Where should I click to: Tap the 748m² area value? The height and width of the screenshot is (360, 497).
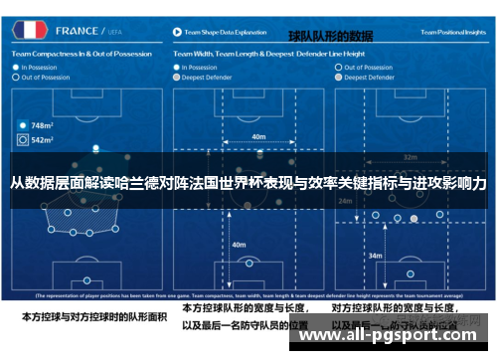[41, 126]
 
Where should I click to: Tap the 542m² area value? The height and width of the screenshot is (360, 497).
[41, 140]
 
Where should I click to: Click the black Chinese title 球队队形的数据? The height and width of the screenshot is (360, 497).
[330, 37]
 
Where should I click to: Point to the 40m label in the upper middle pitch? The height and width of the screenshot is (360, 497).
[258, 137]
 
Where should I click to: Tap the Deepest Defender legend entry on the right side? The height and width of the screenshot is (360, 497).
[371, 76]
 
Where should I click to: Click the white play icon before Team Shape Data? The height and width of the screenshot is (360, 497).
[177, 33]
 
